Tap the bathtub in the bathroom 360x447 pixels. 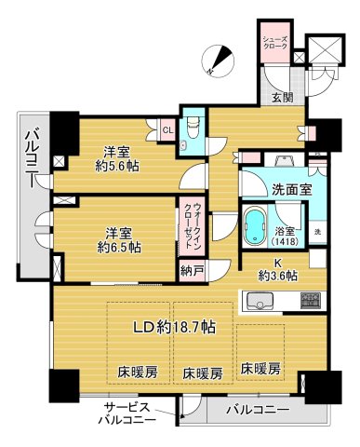(256, 225)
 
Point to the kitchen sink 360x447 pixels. (259, 301)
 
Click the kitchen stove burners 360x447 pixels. (311, 301)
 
